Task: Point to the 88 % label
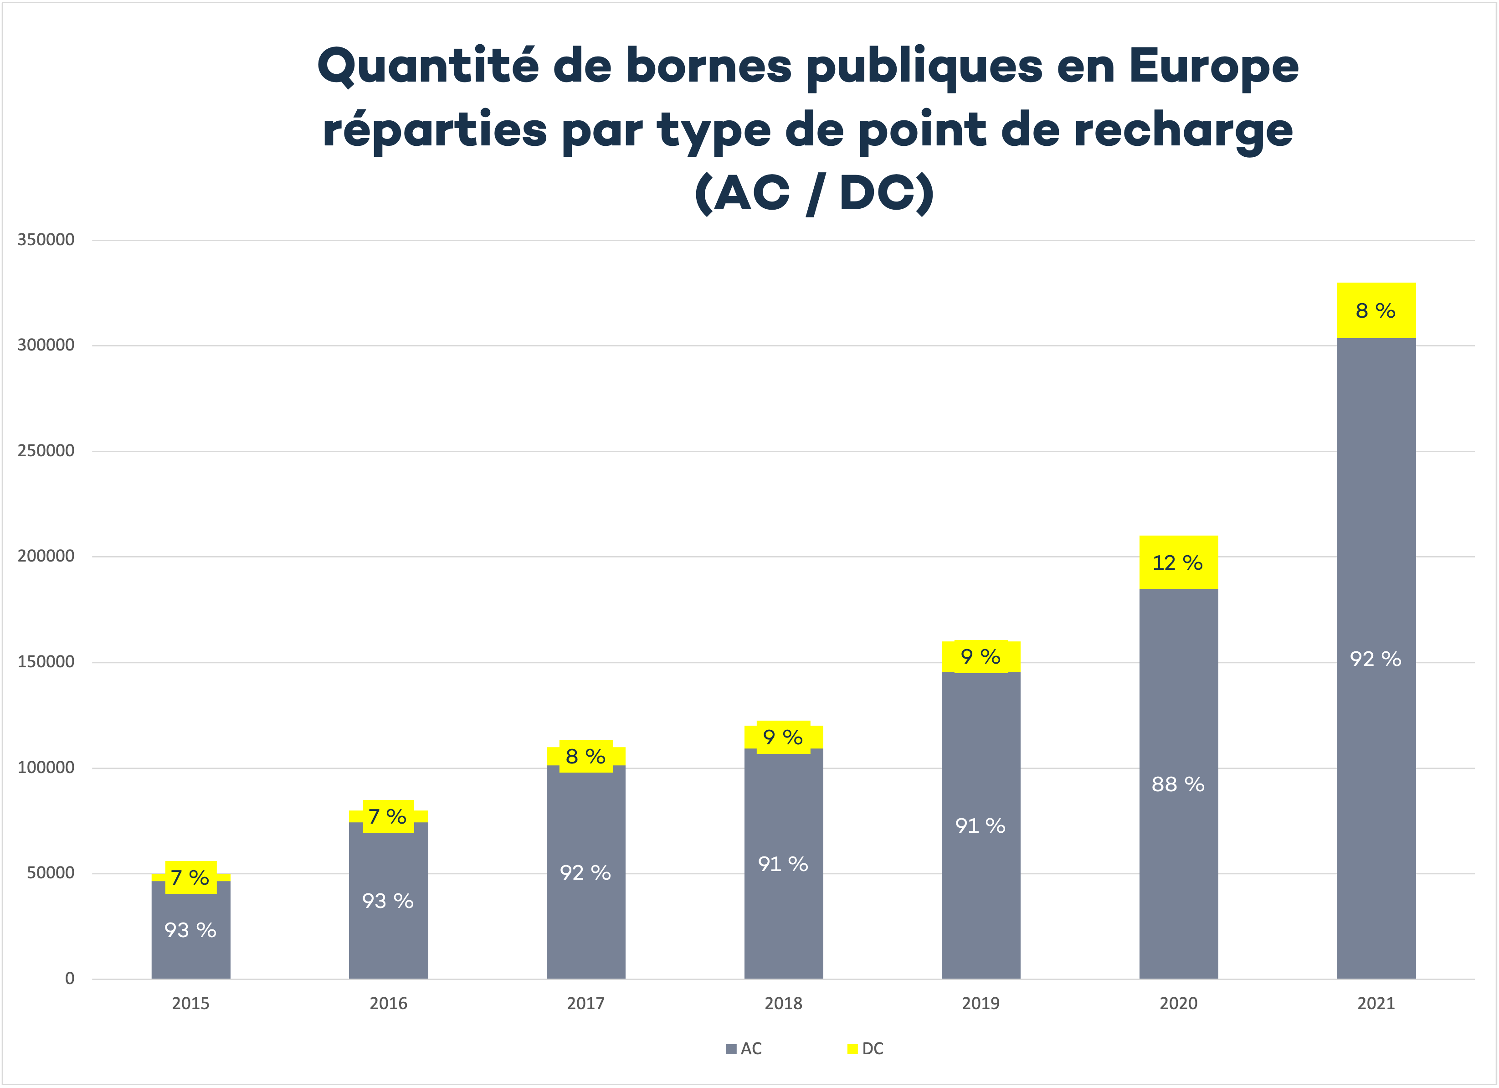[1178, 784]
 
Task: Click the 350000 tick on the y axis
[46, 240]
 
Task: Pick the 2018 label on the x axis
[783, 1003]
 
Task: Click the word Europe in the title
[1213, 66]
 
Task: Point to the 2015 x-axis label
[190, 1003]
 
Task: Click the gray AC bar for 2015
[190, 952]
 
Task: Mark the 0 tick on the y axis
[69, 979]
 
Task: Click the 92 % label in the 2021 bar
[1376, 659]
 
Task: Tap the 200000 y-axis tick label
[46, 557]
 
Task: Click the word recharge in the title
[1183, 130]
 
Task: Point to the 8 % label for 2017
[585, 756]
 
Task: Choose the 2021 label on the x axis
[1376, 1003]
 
